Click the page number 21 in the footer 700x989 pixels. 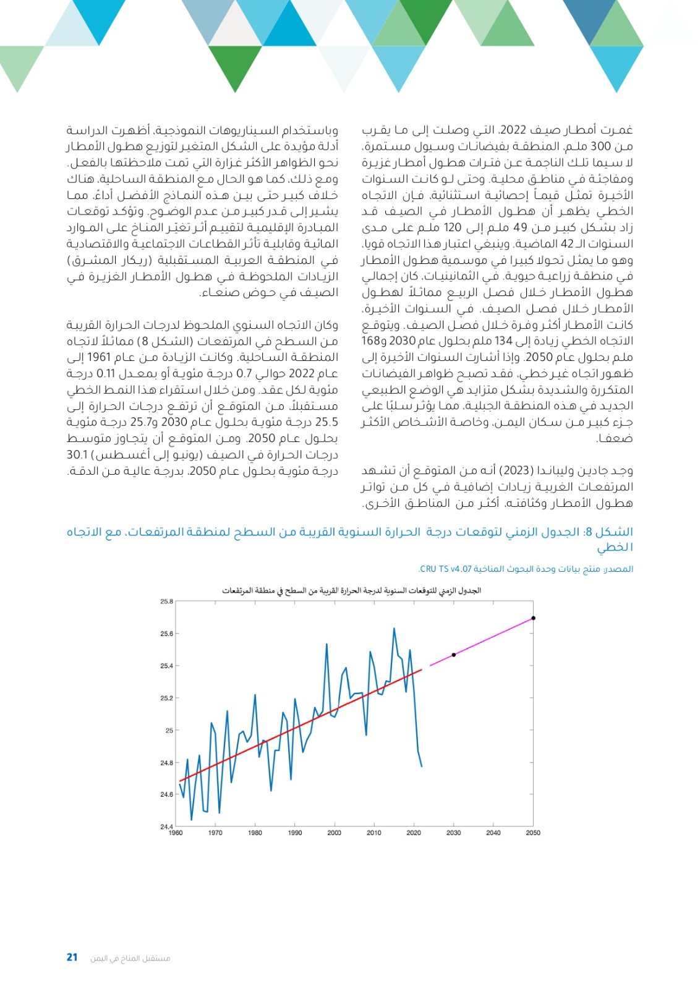[x=72, y=957]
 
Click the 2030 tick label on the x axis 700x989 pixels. [x=453, y=833]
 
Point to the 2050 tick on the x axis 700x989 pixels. [x=533, y=833]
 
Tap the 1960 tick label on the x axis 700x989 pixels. [x=176, y=833]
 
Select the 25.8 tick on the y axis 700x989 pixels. [x=166, y=601]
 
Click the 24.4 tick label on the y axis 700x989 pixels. [x=166, y=826]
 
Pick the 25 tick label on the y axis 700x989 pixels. [x=169, y=730]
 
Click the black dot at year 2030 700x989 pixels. [x=454, y=655]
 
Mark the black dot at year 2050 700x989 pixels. [x=533, y=618]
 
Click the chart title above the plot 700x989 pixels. [x=351, y=591]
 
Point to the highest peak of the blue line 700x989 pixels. [x=394, y=629]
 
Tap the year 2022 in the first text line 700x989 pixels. [x=512, y=130]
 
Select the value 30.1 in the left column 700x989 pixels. [x=77, y=455]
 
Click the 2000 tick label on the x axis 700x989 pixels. [x=334, y=833]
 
